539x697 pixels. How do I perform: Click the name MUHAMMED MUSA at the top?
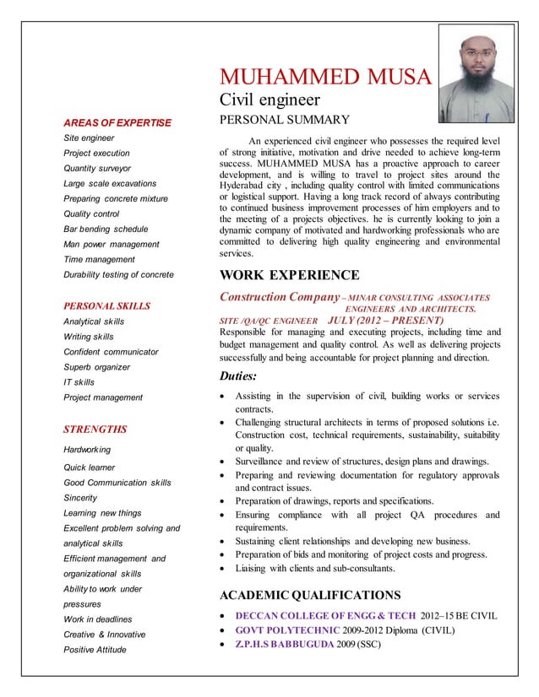325,78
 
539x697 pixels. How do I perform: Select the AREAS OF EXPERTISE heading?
117,122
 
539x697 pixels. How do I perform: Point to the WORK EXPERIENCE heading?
289,275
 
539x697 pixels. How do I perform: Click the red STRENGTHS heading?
95,429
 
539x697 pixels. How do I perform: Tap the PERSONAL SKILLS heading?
107,305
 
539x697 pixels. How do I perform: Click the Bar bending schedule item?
106,229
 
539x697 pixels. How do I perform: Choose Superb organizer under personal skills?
97,367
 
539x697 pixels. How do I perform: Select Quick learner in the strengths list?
90,467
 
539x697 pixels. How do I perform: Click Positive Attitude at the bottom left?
95,649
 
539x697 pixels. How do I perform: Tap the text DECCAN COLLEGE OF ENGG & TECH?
325,615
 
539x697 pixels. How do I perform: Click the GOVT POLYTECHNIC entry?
287,630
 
